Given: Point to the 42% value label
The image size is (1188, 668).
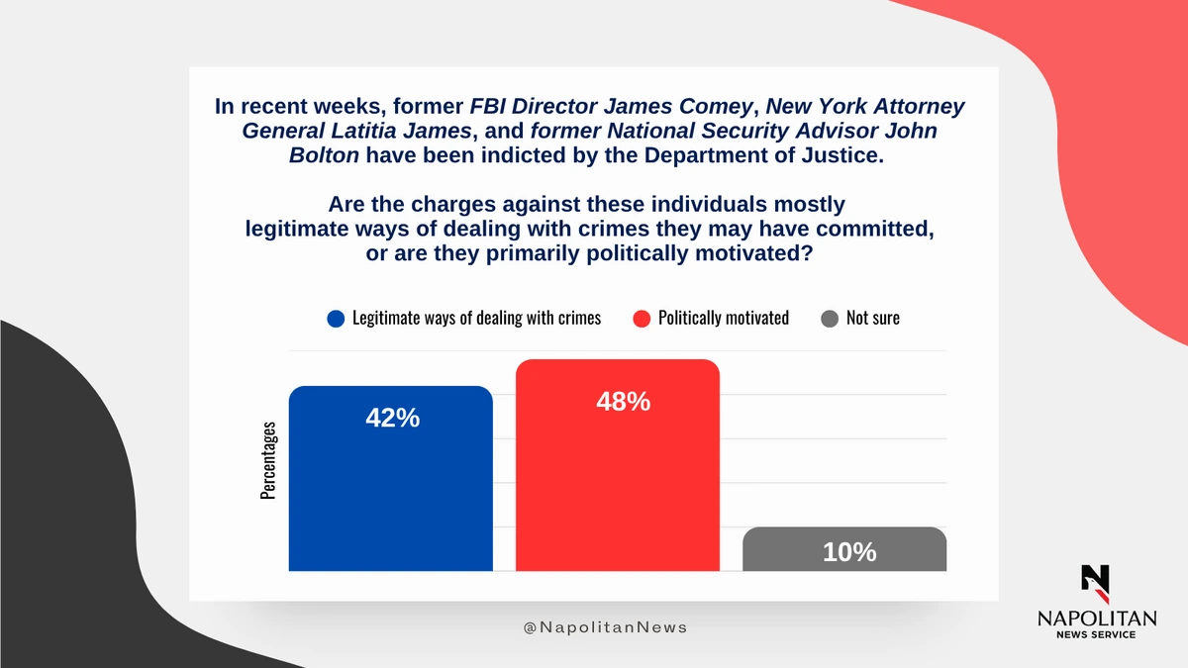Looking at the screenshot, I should (392, 419).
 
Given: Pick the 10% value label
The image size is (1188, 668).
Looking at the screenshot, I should (849, 552).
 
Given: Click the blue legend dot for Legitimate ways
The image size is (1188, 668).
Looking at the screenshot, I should (336, 319).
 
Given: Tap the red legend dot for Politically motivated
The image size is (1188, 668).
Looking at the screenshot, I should (641, 319).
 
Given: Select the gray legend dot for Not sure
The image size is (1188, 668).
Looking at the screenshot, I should (830, 319).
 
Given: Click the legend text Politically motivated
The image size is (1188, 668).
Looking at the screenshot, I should (724, 319).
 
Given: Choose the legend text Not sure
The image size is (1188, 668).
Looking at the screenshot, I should (873, 319).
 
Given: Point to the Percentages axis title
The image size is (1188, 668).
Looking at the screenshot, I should (268, 460).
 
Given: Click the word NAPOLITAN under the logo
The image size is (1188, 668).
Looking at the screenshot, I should (1096, 618).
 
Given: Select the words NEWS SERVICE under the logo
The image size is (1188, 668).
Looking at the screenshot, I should (1096, 634).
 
